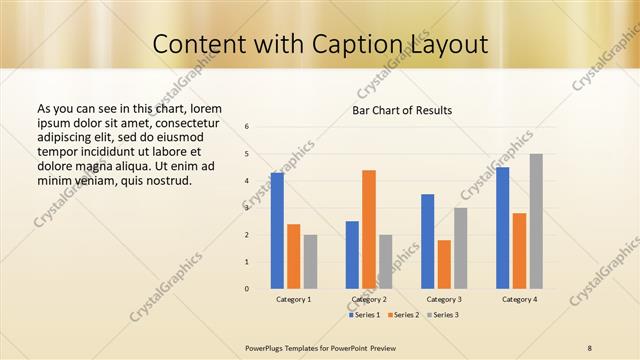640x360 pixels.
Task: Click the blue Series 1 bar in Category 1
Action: [277, 231]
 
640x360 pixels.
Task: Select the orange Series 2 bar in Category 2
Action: [369, 229]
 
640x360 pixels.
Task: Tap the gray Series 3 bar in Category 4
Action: [536, 221]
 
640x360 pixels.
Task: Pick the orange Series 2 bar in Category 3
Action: [444, 264]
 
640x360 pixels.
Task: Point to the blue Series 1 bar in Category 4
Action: [502, 228]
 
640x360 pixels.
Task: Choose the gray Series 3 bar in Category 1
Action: [310, 262]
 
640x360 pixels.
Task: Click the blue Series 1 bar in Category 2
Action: [352, 255]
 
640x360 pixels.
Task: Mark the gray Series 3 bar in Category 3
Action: [461, 248]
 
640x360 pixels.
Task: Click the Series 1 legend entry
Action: [363, 315]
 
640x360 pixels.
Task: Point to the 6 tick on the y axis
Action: [247, 127]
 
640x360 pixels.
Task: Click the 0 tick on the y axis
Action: [247, 289]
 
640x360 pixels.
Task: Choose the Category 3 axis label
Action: [444, 299]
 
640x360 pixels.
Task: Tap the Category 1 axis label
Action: [294, 299]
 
